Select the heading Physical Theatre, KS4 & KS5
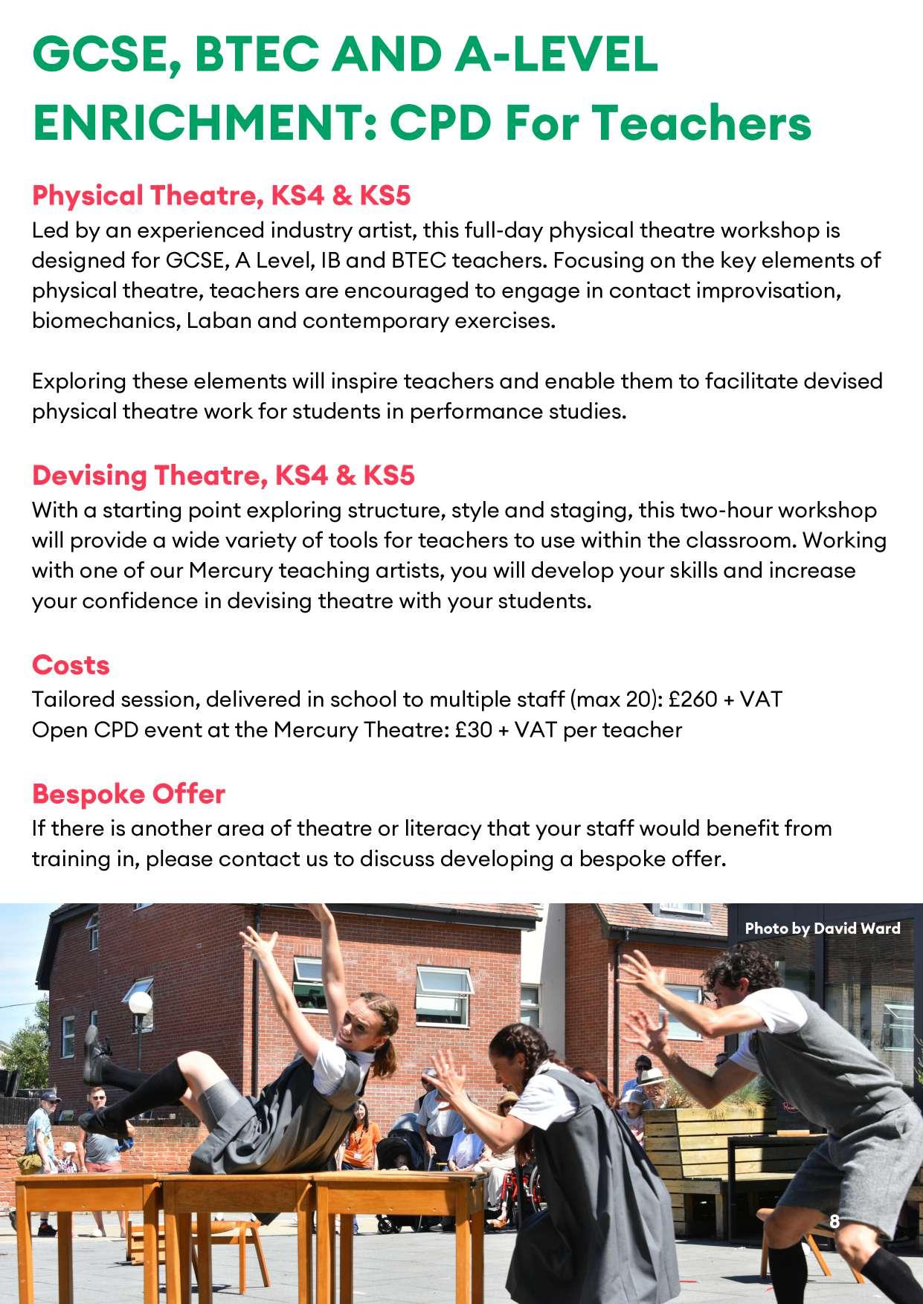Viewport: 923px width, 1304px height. coord(221,196)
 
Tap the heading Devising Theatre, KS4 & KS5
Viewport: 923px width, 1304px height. coord(222,475)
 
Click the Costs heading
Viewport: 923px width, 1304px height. coord(71,665)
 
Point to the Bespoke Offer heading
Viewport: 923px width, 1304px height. coord(128,794)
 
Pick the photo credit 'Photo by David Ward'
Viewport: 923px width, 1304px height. coord(822,928)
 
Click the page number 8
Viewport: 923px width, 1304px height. coord(834,1221)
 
